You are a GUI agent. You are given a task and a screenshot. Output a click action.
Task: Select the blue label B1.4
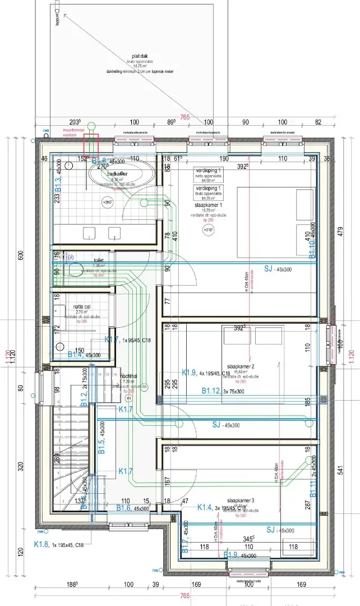point(76,355)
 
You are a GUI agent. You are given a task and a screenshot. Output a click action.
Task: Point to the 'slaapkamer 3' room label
point(241,500)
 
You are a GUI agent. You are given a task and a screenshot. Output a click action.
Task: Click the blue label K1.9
point(190,373)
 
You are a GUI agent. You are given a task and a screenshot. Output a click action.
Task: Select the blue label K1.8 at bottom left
point(42,544)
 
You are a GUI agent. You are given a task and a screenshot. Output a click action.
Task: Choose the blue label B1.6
point(124,508)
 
